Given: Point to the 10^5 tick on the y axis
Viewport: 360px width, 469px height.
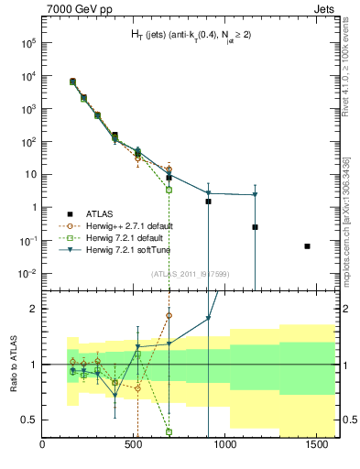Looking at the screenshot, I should (x=29, y=42).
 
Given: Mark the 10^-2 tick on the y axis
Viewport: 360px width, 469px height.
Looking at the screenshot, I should (x=27, y=274).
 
